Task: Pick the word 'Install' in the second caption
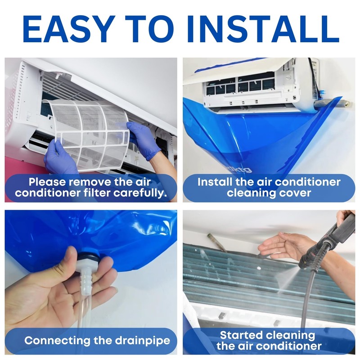click(x=219, y=182)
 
